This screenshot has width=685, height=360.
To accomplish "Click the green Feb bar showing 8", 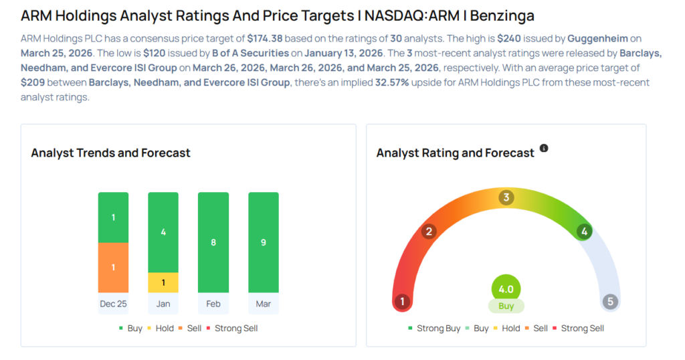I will tap(213, 242).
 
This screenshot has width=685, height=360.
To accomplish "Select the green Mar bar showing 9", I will tap(264, 242).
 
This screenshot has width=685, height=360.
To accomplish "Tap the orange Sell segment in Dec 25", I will tap(113, 267).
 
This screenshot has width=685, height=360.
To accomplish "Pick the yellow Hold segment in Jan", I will tap(163, 282).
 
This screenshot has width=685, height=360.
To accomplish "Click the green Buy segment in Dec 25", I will tap(113, 217).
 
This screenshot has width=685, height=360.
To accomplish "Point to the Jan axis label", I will tap(163, 304).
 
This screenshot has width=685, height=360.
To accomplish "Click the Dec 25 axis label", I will tap(113, 304).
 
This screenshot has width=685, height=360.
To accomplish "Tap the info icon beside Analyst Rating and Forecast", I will tap(544, 149).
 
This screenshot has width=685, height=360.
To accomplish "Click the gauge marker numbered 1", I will tap(402, 302).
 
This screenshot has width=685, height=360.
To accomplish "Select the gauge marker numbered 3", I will tap(506, 197).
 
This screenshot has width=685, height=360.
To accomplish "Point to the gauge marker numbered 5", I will tap(610, 302).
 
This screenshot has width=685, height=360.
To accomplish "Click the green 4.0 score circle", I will tap(506, 289).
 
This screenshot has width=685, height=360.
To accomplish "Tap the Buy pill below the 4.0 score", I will tap(506, 306).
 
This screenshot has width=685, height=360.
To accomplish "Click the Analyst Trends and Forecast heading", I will tap(110, 153).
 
